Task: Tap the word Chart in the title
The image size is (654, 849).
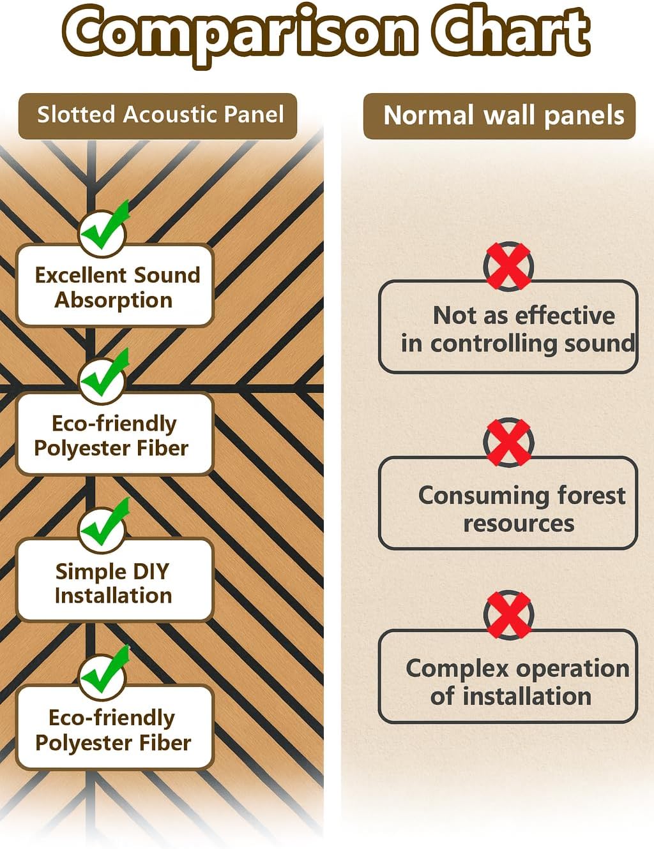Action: click(511, 31)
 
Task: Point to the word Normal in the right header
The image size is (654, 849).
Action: click(429, 115)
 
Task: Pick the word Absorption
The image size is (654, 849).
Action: click(114, 300)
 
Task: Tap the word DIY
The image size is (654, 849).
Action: click(151, 572)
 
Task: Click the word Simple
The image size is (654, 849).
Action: click(91, 572)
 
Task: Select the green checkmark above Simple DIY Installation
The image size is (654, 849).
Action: click(104, 523)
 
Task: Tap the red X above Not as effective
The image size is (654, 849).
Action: click(508, 267)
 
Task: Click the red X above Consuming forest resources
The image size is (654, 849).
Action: click(508, 442)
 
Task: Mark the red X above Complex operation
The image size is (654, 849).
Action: click(508, 615)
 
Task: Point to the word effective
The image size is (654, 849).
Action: click(565, 315)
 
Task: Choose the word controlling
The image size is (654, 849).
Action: click(494, 344)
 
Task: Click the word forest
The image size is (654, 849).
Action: click(591, 496)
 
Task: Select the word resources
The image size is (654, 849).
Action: click(519, 524)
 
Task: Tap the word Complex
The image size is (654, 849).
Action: click(460, 670)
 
